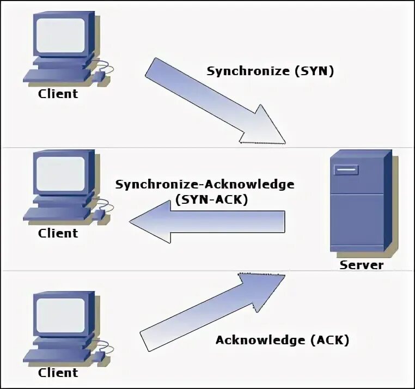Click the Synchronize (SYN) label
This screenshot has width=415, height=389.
(x=270, y=71)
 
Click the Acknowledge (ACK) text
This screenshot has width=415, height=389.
(x=282, y=340)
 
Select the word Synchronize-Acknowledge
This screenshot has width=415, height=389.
(x=205, y=184)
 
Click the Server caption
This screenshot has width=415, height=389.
(x=362, y=265)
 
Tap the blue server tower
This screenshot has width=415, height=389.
(x=359, y=207)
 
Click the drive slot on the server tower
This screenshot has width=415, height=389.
(x=346, y=171)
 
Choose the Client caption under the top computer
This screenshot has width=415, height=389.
(x=58, y=94)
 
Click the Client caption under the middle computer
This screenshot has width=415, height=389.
(x=58, y=233)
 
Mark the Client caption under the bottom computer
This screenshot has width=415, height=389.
(x=58, y=373)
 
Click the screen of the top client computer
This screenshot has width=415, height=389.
(x=60, y=34)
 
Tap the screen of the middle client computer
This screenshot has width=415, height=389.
(x=60, y=173)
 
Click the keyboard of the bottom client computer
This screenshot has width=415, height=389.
(x=54, y=357)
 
